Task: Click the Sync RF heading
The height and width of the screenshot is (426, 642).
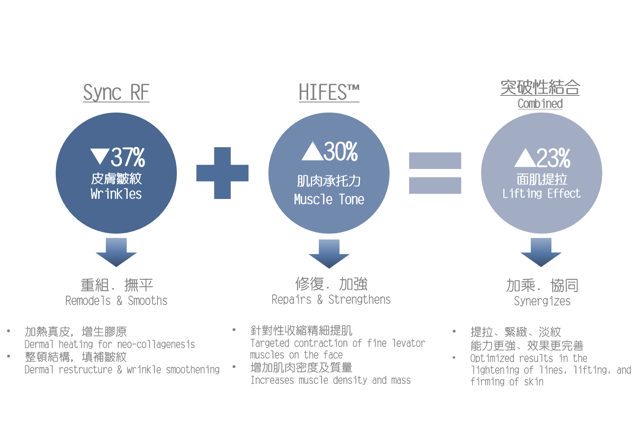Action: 116,93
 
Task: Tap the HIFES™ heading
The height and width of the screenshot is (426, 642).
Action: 329,92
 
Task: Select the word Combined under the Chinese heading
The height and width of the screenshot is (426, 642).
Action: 540,104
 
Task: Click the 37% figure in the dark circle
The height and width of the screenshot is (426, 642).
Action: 128,157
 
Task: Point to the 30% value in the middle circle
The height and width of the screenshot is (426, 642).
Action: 340,151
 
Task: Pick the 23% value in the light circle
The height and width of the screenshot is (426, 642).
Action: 553,158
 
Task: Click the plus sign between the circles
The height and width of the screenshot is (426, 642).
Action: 222,173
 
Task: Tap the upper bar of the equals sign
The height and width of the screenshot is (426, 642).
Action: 435,161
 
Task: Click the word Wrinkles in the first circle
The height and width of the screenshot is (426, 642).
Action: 116,194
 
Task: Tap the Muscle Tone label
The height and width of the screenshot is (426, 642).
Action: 329,199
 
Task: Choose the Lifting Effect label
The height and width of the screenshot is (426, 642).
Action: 541,194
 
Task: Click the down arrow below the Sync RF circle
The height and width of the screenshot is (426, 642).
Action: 116,252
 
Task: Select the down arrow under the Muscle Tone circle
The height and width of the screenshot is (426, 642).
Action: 329,254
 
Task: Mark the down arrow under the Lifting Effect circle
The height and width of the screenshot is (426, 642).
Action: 541,252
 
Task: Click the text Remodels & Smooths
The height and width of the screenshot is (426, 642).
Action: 116,301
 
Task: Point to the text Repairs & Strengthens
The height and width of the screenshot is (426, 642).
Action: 331,300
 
